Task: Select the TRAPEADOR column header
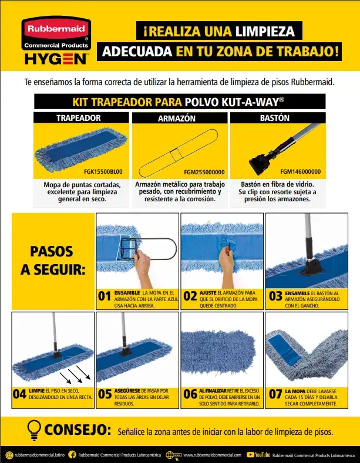pyautogui.click(x=78, y=118)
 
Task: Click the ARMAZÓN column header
pyautogui.click(x=176, y=118)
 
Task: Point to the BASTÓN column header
pyautogui.click(x=274, y=118)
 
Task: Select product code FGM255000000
pyautogui.click(x=204, y=172)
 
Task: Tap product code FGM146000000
pyautogui.click(x=301, y=172)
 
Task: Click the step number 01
pyautogui.click(x=105, y=296)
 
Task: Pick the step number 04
pyautogui.click(x=19, y=394)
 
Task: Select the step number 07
pyautogui.click(x=275, y=394)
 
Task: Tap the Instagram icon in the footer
pyautogui.click(x=8, y=454)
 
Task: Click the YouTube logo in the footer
pyautogui.click(x=258, y=454)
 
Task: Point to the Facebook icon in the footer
pyautogui.click(x=72, y=454)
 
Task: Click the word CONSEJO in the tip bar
pyautogui.click(x=78, y=431)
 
